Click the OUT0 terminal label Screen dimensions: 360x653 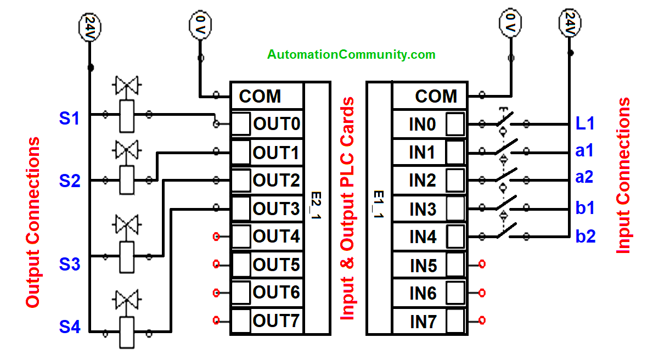277,125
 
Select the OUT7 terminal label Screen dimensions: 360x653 277,320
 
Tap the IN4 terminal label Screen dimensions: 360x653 423,237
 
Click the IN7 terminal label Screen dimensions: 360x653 423,322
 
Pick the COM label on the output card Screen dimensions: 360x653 260,97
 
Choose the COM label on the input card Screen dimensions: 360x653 436,97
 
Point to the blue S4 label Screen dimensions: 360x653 70,328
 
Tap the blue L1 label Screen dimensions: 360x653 585,123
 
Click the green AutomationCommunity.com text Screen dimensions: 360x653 351,55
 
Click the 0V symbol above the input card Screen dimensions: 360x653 510,22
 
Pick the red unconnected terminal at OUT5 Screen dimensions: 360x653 216,265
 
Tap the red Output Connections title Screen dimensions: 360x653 33,222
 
